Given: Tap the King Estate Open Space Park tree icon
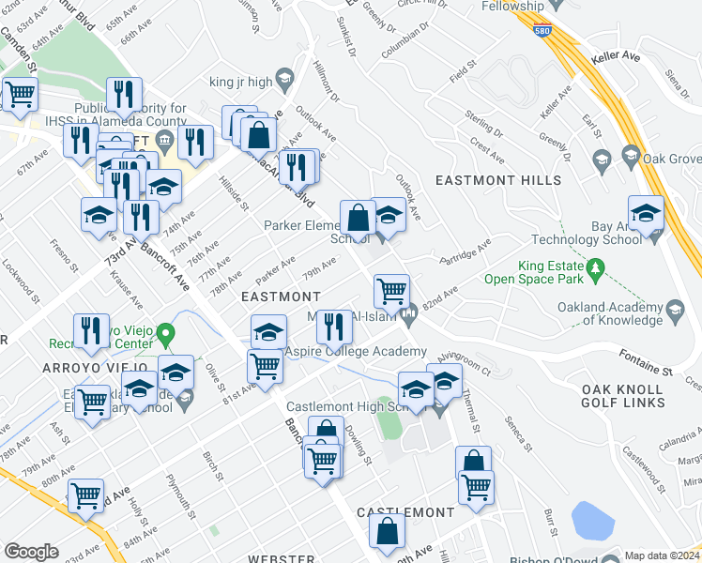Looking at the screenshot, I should (594, 270).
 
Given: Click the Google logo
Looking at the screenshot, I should (31, 552).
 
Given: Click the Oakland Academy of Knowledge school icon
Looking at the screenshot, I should (673, 309).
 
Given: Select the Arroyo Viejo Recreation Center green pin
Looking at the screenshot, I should (166, 333).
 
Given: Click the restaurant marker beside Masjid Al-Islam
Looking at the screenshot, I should (333, 327).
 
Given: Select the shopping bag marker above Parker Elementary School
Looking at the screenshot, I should (358, 218).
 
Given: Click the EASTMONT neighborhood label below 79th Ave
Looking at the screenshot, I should (275, 296).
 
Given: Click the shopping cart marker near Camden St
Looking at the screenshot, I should (20, 94).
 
